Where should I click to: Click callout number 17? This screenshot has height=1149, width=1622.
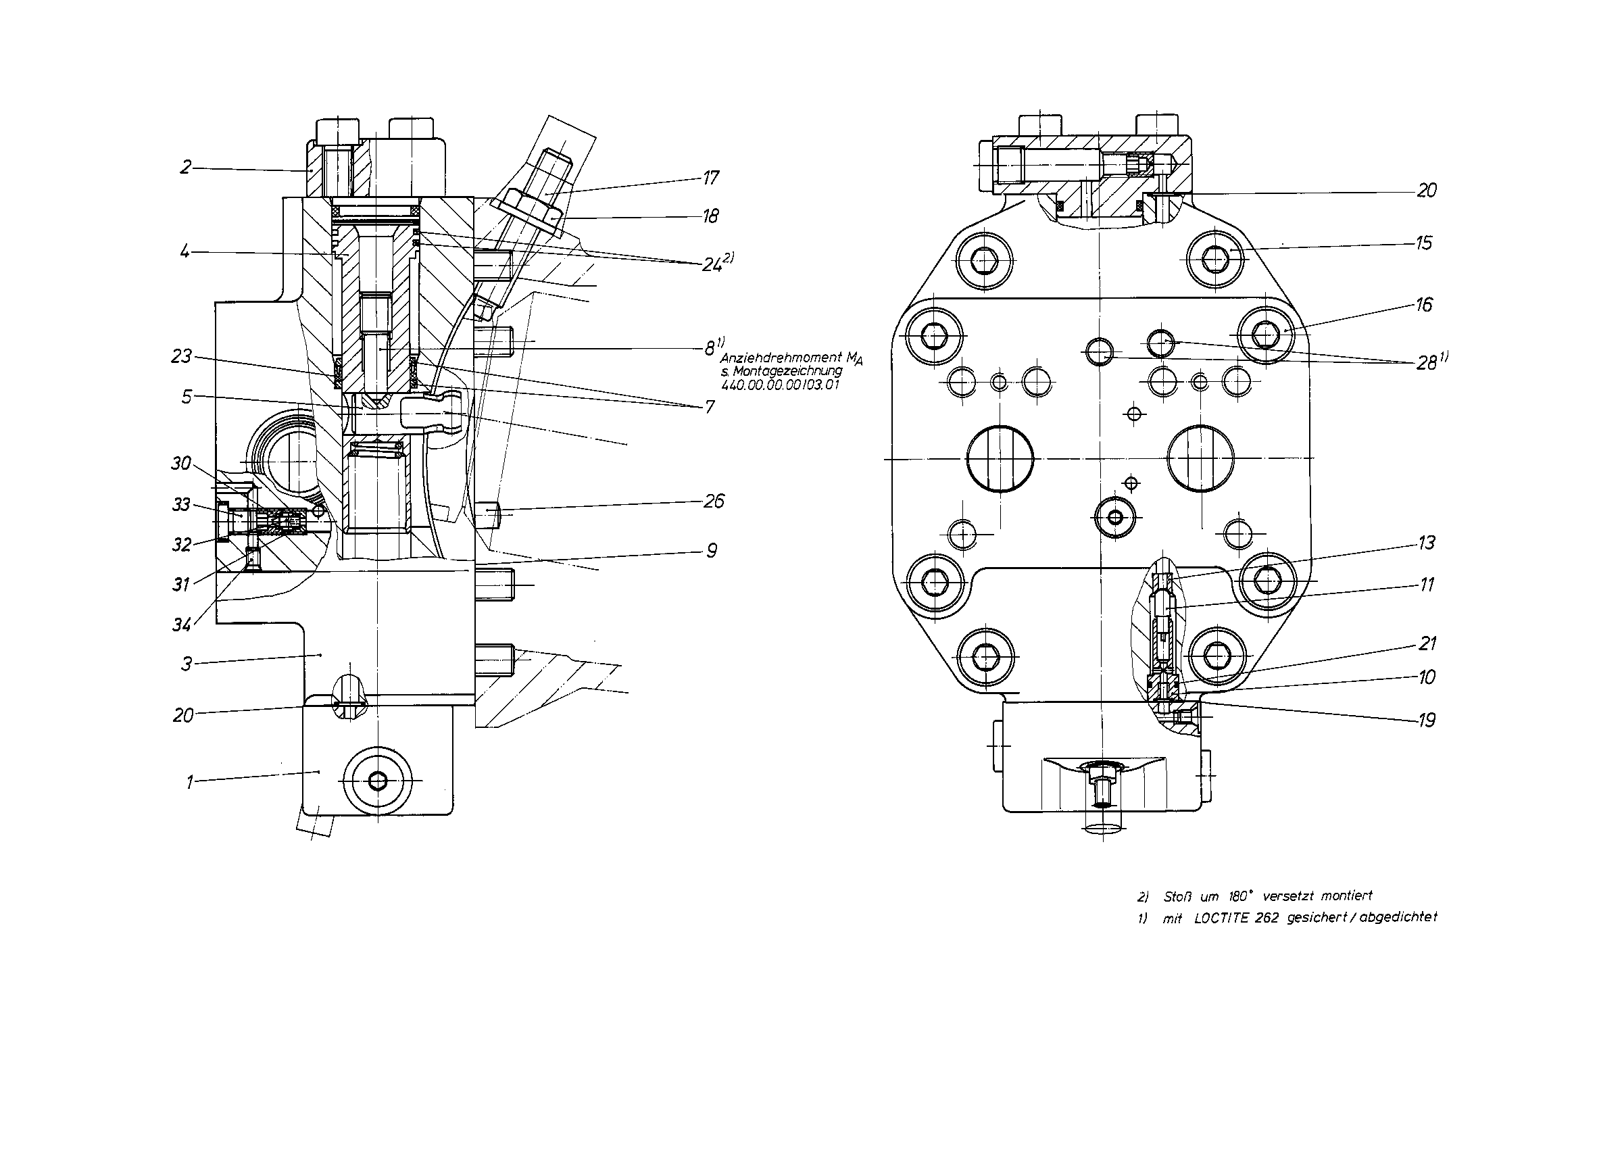tap(710, 178)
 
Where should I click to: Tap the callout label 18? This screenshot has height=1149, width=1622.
tap(710, 216)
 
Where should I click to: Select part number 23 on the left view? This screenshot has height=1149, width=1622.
tap(182, 357)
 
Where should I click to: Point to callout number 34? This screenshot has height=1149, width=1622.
tap(182, 625)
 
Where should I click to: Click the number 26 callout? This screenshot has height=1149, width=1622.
tap(714, 502)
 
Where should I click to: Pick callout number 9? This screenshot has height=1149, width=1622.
tap(712, 550)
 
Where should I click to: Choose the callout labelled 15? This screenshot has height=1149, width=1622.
tap(1424, 243)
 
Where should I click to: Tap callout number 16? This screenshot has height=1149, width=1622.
tap(1424, 305)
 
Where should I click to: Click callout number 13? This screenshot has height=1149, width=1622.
tap(1427, 543)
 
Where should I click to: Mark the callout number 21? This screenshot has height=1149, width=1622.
tap(1427, 643)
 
